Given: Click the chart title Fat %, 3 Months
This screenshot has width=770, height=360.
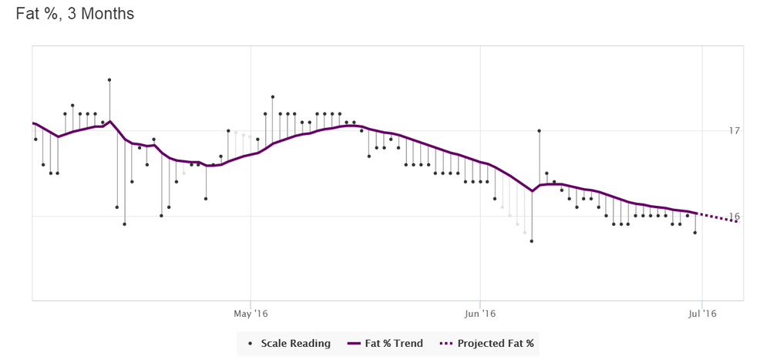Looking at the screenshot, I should click(x=75, y=14).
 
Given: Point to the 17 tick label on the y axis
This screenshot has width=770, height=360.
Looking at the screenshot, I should click(x=735, y=131).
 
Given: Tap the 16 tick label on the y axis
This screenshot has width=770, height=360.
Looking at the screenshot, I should click(x=735, y=217).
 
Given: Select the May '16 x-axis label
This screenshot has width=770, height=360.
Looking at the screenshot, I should click(x=251, y=313).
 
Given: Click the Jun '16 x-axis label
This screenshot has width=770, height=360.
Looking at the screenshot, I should click(x=479, y=313).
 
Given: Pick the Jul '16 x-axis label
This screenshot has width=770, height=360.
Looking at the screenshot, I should click(x=701, y=313).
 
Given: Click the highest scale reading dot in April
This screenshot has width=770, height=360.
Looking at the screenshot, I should click(x=109, y=79).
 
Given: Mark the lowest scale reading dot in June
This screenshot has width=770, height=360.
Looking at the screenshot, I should click(x=532, y=241).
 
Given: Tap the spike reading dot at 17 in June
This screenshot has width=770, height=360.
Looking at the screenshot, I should click(x=539, y=131).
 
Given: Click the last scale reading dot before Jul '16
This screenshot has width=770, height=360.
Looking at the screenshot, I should click(x=695, y=232).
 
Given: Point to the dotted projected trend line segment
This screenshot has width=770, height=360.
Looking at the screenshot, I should click(x=718, y=218).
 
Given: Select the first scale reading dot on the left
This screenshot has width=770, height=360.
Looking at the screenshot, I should click(x=35, y=140).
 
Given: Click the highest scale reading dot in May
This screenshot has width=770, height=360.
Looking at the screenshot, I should click(x=273, y=97).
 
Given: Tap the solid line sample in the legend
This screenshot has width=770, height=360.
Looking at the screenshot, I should click(x=355, y=343).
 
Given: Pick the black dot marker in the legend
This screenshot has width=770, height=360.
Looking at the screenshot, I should click(x=251, y=343).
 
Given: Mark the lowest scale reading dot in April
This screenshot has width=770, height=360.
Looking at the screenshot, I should click(x=124, y=224).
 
